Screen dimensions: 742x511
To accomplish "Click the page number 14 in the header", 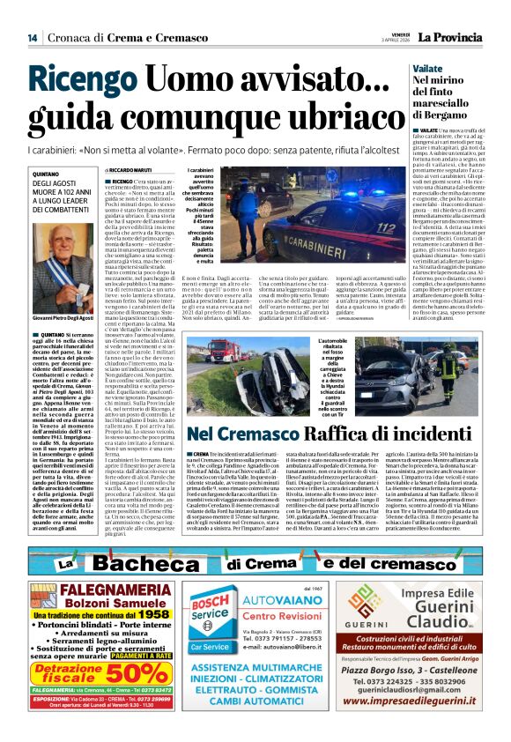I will (x=32, y=37).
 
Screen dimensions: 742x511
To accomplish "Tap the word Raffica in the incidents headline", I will (x=310, y=434).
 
